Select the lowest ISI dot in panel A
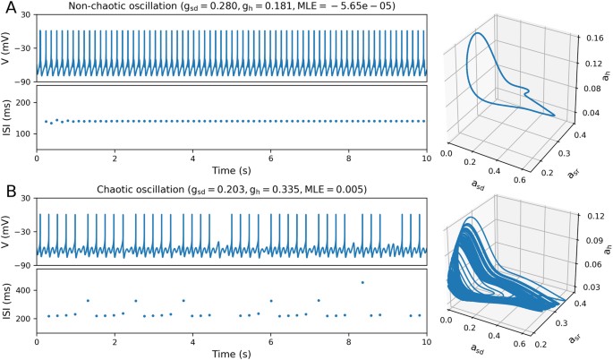[x=51, y=123]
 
